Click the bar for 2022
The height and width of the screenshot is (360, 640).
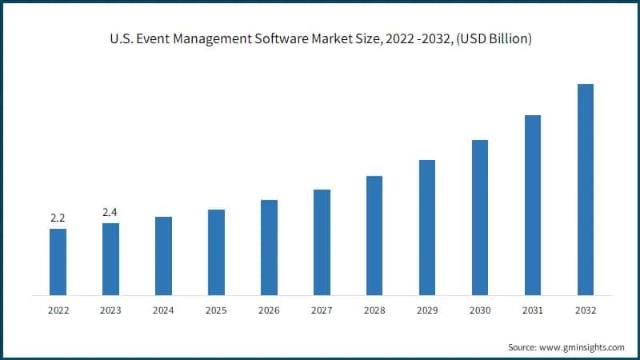click(58, 262)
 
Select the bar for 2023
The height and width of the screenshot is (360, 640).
click(110, 258)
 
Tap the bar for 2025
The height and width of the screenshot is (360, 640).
click(216, 252)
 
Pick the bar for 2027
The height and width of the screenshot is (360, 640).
click(322, 242)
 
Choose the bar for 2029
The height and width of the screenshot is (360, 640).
click(427, 227)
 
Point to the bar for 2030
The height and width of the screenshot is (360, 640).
click(480, 217)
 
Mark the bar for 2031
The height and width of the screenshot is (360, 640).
click(533, 205)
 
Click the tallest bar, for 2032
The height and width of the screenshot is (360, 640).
click(586, 189)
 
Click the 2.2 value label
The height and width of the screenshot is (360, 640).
click(58, 218)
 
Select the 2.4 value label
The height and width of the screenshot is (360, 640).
click(110, 212)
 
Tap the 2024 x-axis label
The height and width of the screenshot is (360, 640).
click(163, 310)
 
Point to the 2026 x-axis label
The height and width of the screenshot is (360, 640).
click(269, 310)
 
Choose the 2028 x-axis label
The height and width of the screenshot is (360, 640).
click(374, 310)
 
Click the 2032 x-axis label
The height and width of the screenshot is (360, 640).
click(586, 310)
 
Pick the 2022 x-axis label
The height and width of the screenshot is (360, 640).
click(58, 310)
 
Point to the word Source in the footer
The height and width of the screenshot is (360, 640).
click(522, 347)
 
